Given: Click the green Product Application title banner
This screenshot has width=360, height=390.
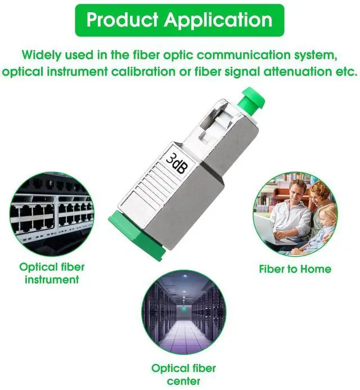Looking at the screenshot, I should coord(179,20).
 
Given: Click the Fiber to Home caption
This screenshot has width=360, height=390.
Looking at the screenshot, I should coord(295,269).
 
